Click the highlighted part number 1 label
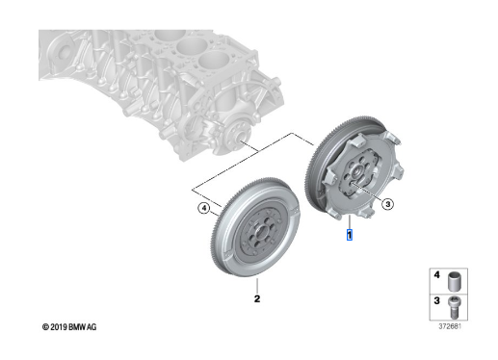(350, 235)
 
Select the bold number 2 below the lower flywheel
(257, 298)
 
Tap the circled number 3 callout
(388, 204)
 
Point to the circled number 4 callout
(203, 209)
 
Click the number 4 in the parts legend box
(436, 275)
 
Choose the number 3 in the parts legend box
(436, 301)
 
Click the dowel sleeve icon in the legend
(455, 281)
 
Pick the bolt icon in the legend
(455, 307)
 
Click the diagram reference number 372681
(450, 326)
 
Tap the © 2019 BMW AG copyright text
(69, 327)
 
